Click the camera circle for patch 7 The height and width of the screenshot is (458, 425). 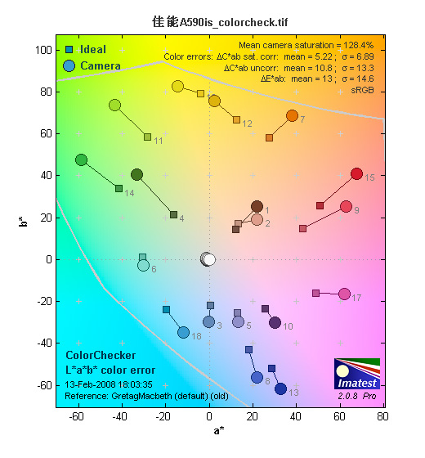click(293, 116)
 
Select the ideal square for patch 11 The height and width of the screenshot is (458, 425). click(148, 137)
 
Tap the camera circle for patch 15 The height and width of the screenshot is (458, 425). click(356, 174)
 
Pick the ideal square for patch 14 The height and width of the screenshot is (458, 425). click(119, 188)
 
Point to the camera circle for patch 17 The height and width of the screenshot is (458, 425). click(345, 294)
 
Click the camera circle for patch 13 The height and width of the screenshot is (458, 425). click(281, 388)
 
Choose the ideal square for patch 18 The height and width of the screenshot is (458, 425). click(167, 310)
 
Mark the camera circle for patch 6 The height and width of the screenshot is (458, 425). click(143, 265)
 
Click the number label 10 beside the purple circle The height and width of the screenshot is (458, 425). click(288, 326)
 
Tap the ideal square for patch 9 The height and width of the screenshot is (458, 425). click(303, 228)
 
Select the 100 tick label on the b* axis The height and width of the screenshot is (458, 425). click(43, 50)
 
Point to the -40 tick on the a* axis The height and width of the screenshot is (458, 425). click(119, 416)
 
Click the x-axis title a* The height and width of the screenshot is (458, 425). click(219, 430)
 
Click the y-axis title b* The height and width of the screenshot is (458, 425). click(24, 222)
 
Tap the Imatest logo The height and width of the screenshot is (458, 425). click(357, 374)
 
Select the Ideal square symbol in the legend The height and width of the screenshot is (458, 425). click(69, 49)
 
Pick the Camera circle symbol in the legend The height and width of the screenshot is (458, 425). click(69, 65)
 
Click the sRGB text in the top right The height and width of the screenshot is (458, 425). click(362, 90)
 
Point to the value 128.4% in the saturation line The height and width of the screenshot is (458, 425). click(359, 45)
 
